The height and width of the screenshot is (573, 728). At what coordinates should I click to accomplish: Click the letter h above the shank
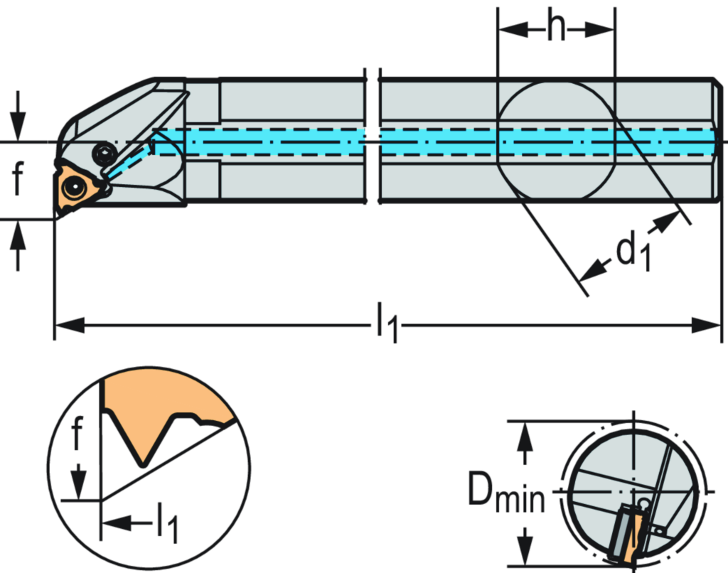556,27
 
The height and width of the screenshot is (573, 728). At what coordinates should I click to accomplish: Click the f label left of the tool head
18,178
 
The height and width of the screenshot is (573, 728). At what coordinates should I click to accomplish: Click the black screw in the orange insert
73,188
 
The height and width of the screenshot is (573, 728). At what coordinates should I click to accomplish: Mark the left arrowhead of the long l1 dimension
68,326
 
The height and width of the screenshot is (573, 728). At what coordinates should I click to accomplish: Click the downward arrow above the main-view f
18,128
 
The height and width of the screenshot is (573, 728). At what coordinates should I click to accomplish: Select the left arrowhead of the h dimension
509,29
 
